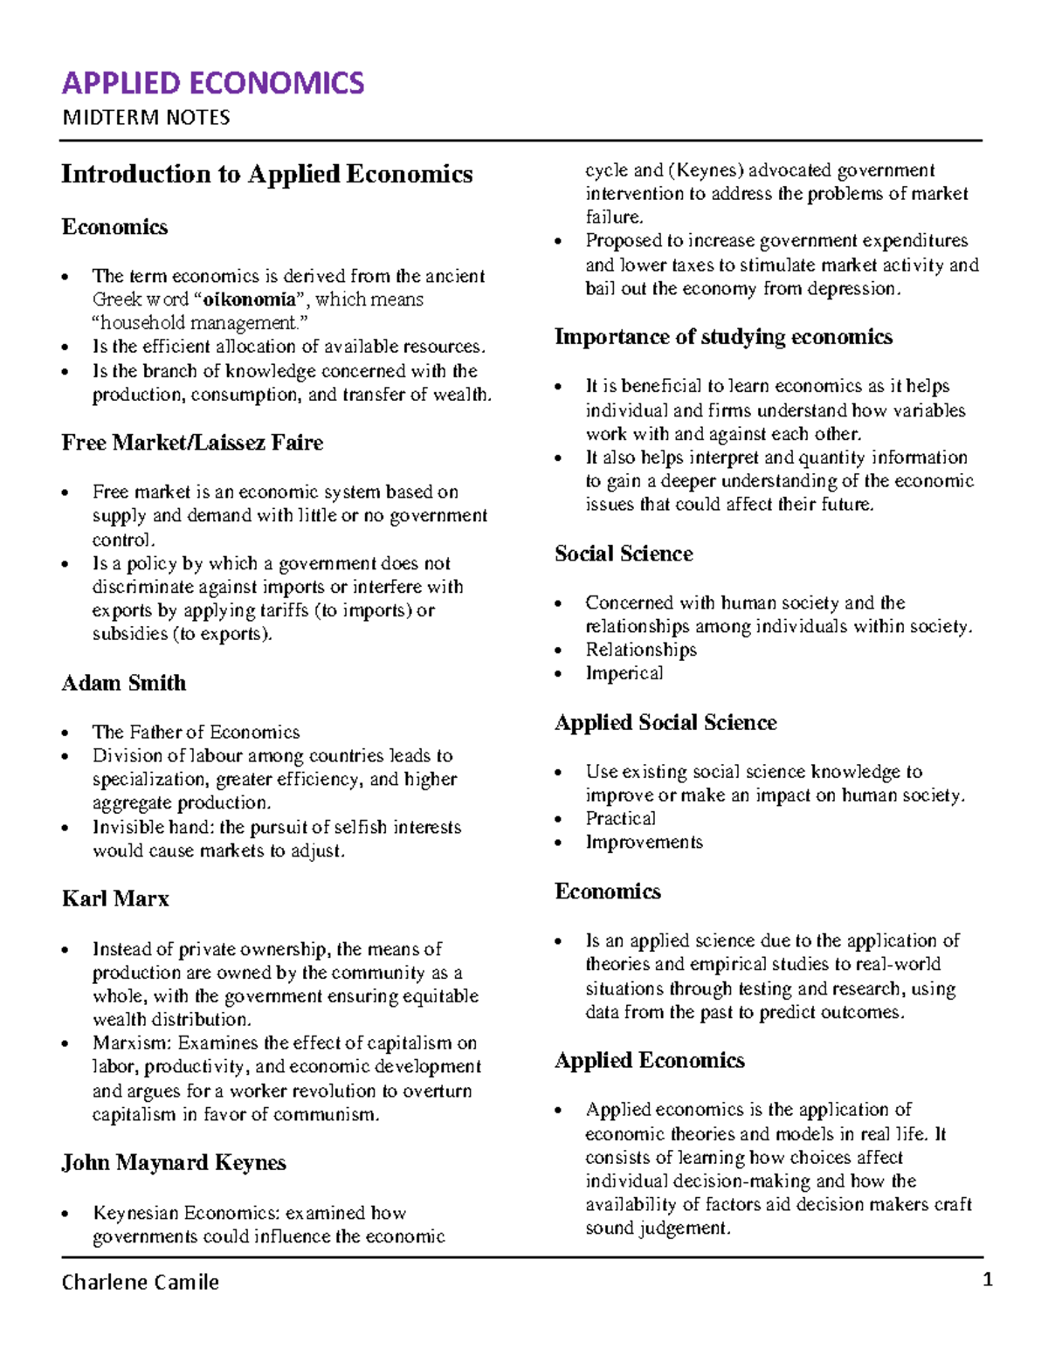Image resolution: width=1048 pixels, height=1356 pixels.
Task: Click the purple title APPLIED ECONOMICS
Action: pos(212,83)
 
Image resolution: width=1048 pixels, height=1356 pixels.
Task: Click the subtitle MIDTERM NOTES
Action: pos(146,118)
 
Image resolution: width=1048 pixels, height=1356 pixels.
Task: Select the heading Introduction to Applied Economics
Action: pos(266,174)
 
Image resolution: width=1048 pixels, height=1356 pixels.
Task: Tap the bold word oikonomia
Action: pos(249,299)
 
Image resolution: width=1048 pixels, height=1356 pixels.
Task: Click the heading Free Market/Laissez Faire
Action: pos(192,443)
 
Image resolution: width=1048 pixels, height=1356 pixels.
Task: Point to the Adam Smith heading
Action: pos(123,683)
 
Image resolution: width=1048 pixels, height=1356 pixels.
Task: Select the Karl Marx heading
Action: pos(115,898)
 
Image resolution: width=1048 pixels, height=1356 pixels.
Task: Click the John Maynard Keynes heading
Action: pos(174,1163)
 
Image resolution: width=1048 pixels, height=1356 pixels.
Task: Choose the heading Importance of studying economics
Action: pos(723,337)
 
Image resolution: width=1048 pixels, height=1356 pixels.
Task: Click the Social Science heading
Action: pos(624,554)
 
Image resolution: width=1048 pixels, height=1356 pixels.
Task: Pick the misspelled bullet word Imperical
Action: pos(624,673)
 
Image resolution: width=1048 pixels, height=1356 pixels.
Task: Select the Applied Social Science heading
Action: pos(665,722)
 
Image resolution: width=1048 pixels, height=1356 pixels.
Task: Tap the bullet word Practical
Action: pos(620,818)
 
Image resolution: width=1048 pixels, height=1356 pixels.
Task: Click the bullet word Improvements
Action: pos(644,842)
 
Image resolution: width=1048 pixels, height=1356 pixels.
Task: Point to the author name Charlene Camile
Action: pos(140,1282)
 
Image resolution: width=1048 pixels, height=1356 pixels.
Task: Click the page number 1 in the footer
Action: pos(988,1280)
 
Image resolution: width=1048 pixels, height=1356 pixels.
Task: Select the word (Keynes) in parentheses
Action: pos(706,170)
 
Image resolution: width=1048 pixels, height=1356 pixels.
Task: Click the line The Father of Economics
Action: pos(196,732)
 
